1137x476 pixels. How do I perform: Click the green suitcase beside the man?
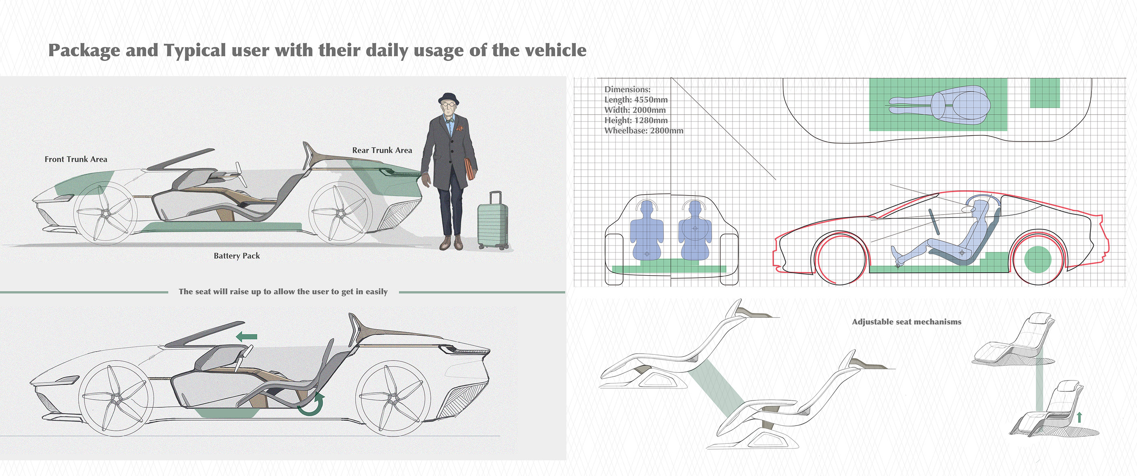point(493,221)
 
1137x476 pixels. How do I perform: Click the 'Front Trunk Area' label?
point(76,159)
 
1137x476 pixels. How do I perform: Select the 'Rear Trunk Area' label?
point(382,150)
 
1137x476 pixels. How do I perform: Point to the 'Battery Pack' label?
point(237,256)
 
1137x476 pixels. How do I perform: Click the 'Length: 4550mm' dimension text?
point(636,100)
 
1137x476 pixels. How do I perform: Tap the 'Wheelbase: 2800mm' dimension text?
point(644,131)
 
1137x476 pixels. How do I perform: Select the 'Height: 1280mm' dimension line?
point(636,120)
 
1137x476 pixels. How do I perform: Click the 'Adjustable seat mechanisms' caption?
point(906,322)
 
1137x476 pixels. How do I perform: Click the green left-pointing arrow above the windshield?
point(247,336)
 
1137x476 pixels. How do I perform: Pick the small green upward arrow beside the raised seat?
point(1079,417)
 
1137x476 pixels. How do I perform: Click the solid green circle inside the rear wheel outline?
point(1037,259)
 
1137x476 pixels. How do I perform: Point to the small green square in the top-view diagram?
point(1045,93)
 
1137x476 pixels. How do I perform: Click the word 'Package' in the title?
point(84,51)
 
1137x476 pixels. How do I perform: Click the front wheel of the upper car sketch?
point(106,213)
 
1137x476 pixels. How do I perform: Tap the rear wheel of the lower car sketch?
point(393,399)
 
